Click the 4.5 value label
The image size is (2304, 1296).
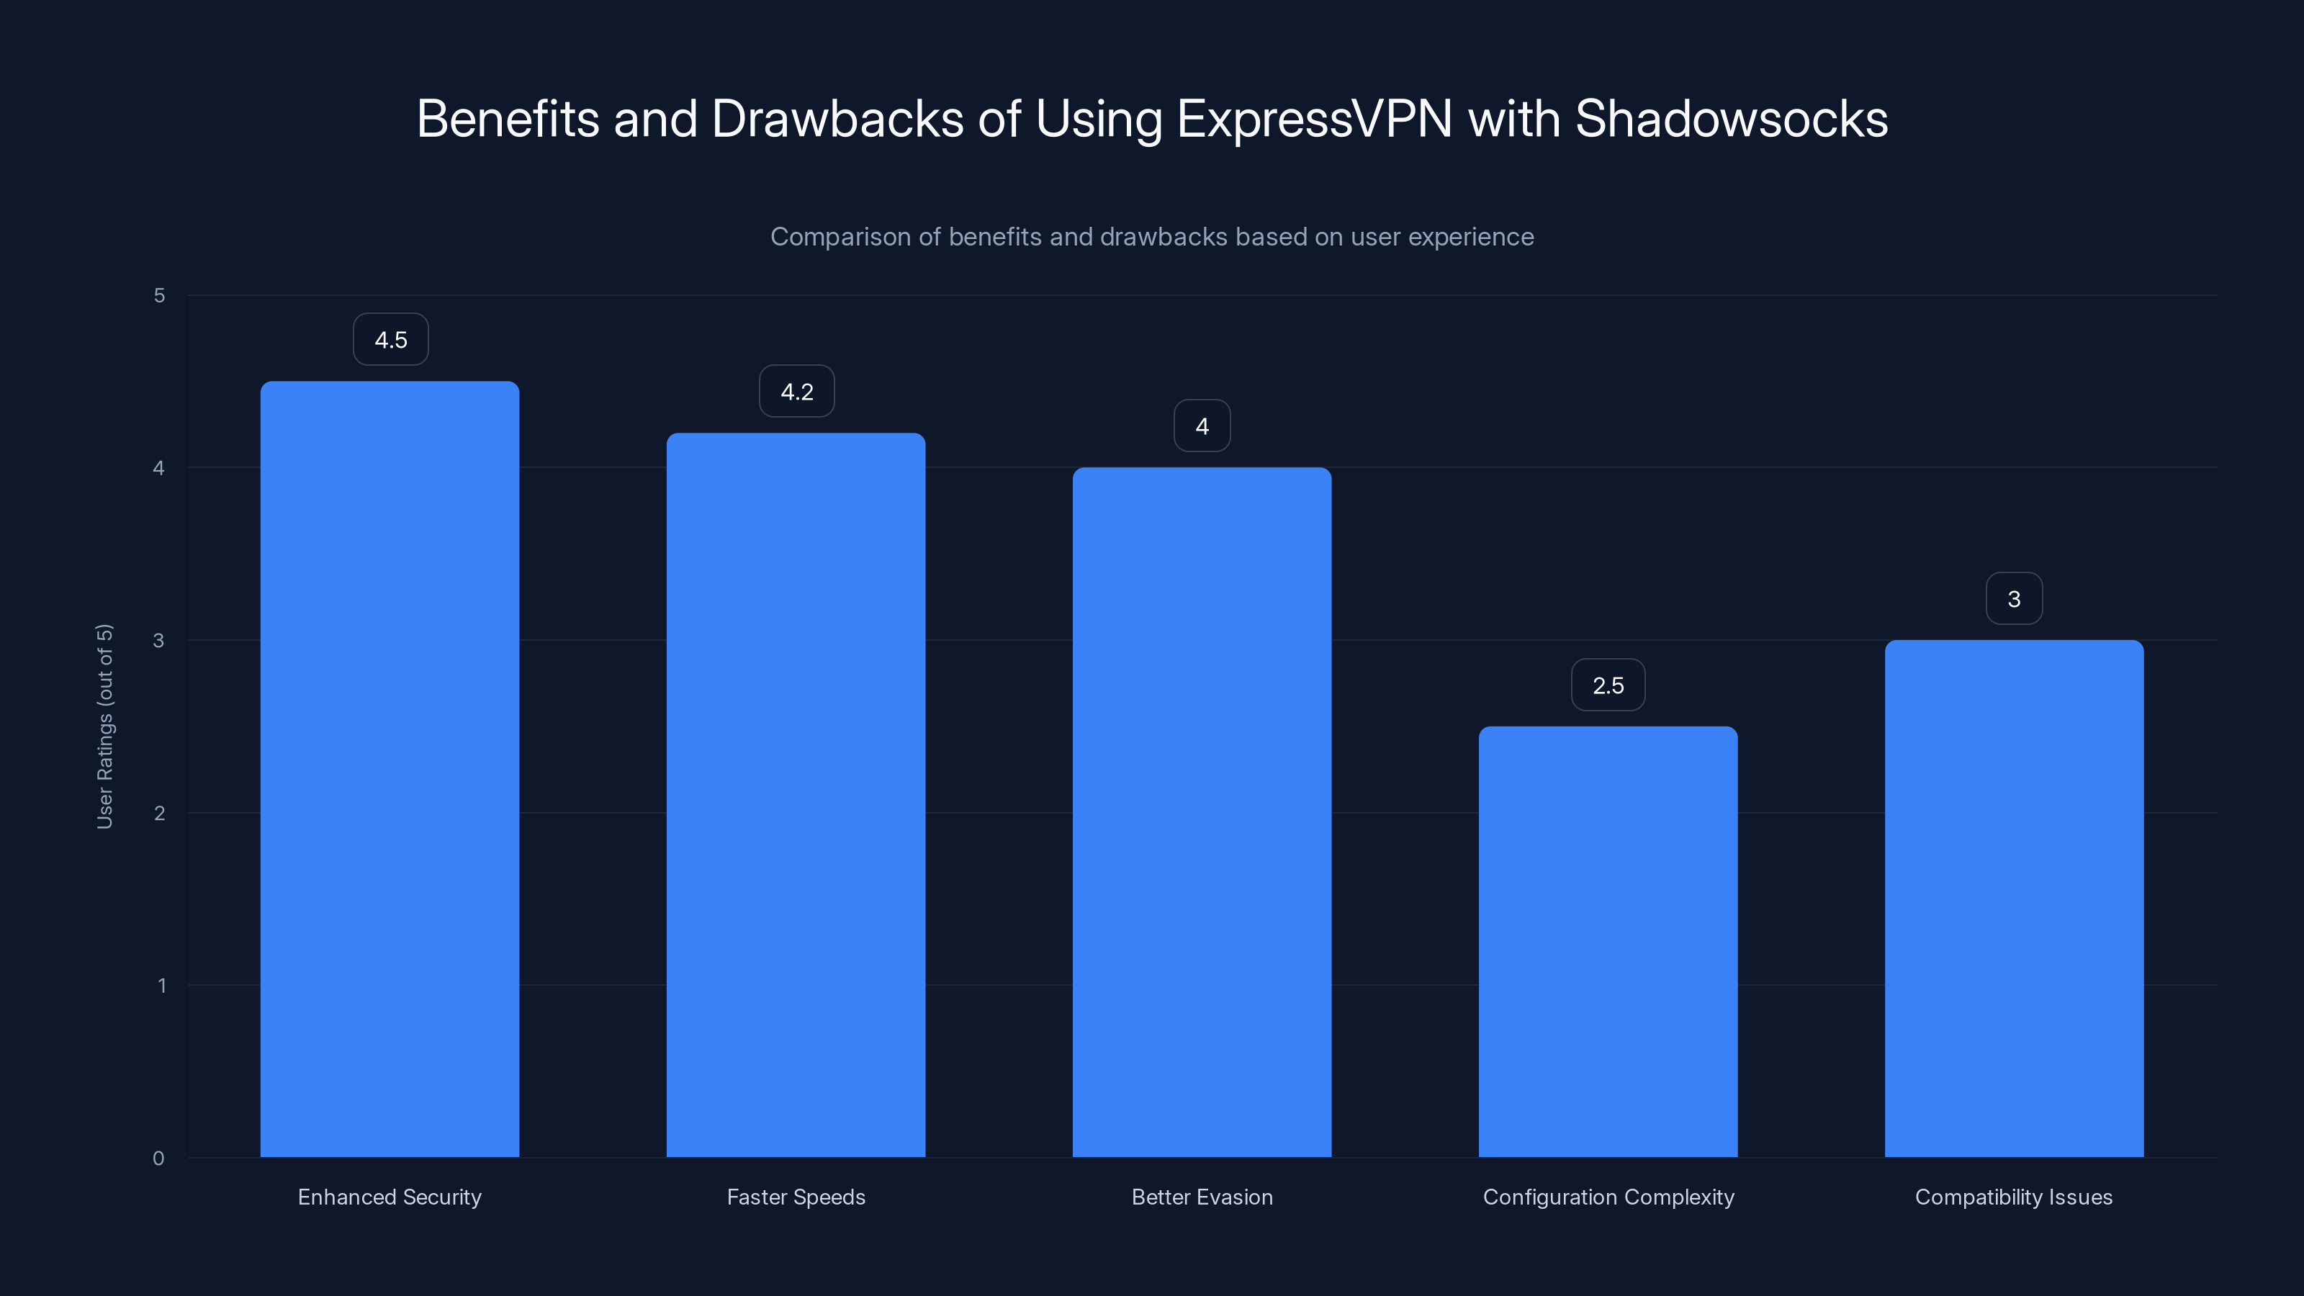pos(391,340)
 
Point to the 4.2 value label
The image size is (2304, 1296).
pos(797,392)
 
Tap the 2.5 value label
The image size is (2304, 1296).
pos(1608,686)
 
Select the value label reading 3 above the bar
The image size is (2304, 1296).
pos(2015,599)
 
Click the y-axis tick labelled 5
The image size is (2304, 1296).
pos(159,296)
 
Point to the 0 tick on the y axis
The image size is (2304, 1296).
pos(158,1159)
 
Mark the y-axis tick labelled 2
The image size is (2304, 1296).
pos(159,814)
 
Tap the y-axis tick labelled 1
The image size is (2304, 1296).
pos(161,986)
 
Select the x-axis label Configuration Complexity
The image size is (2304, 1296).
pos(1608,1197)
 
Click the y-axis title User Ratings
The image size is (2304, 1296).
pos(104,726)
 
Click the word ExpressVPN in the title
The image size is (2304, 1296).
pos(1314,119)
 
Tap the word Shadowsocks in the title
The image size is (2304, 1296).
pos(1732,119)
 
